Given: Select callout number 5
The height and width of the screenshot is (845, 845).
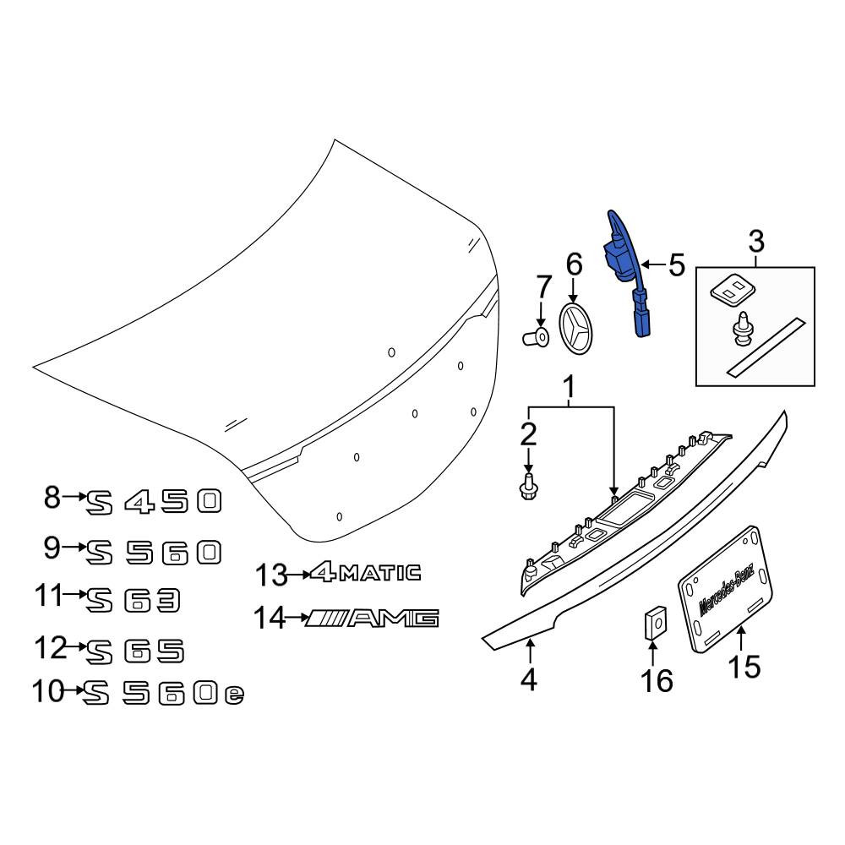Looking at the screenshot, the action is [x=676, y=265].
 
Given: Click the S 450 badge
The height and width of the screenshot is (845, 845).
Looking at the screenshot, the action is [x=154, y=502].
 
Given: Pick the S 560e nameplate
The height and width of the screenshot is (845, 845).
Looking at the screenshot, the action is [x=164, y=694].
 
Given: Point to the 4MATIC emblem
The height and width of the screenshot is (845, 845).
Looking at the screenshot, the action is [x=365, y=572].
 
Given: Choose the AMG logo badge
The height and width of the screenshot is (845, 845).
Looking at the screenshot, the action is [x=373, y=619].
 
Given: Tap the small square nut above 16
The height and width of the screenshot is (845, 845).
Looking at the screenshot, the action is [x=654, y=623].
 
